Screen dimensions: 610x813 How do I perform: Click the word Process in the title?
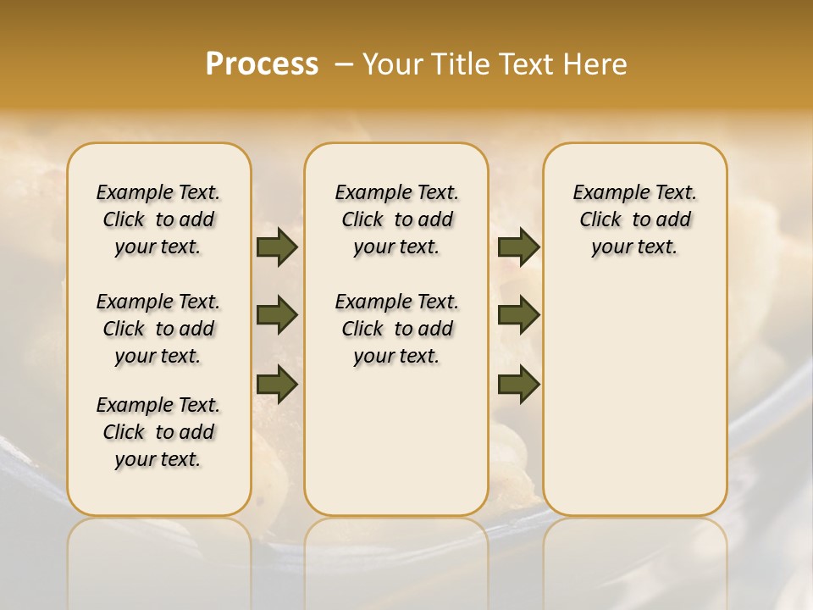tap(262, 64)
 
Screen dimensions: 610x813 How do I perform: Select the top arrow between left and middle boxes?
tap(276, 247)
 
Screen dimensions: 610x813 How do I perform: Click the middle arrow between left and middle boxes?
tap(276, 316)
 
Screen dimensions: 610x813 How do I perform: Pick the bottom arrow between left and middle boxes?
tap(276, 384)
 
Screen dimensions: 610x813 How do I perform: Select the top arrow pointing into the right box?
tap(518, 247)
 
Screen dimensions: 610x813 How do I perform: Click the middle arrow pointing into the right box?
tap(518, 316)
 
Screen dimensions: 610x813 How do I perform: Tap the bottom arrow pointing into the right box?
tap(518, 384)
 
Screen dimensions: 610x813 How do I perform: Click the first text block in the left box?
tap(158, 219)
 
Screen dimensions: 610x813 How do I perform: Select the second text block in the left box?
tap(158, 329)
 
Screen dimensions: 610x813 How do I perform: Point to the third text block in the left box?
tap(158, 432)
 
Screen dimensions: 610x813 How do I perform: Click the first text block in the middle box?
tap(396, 219)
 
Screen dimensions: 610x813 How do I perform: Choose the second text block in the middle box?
tap(396, 329)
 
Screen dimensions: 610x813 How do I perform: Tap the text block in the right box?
tap(634, 219)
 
